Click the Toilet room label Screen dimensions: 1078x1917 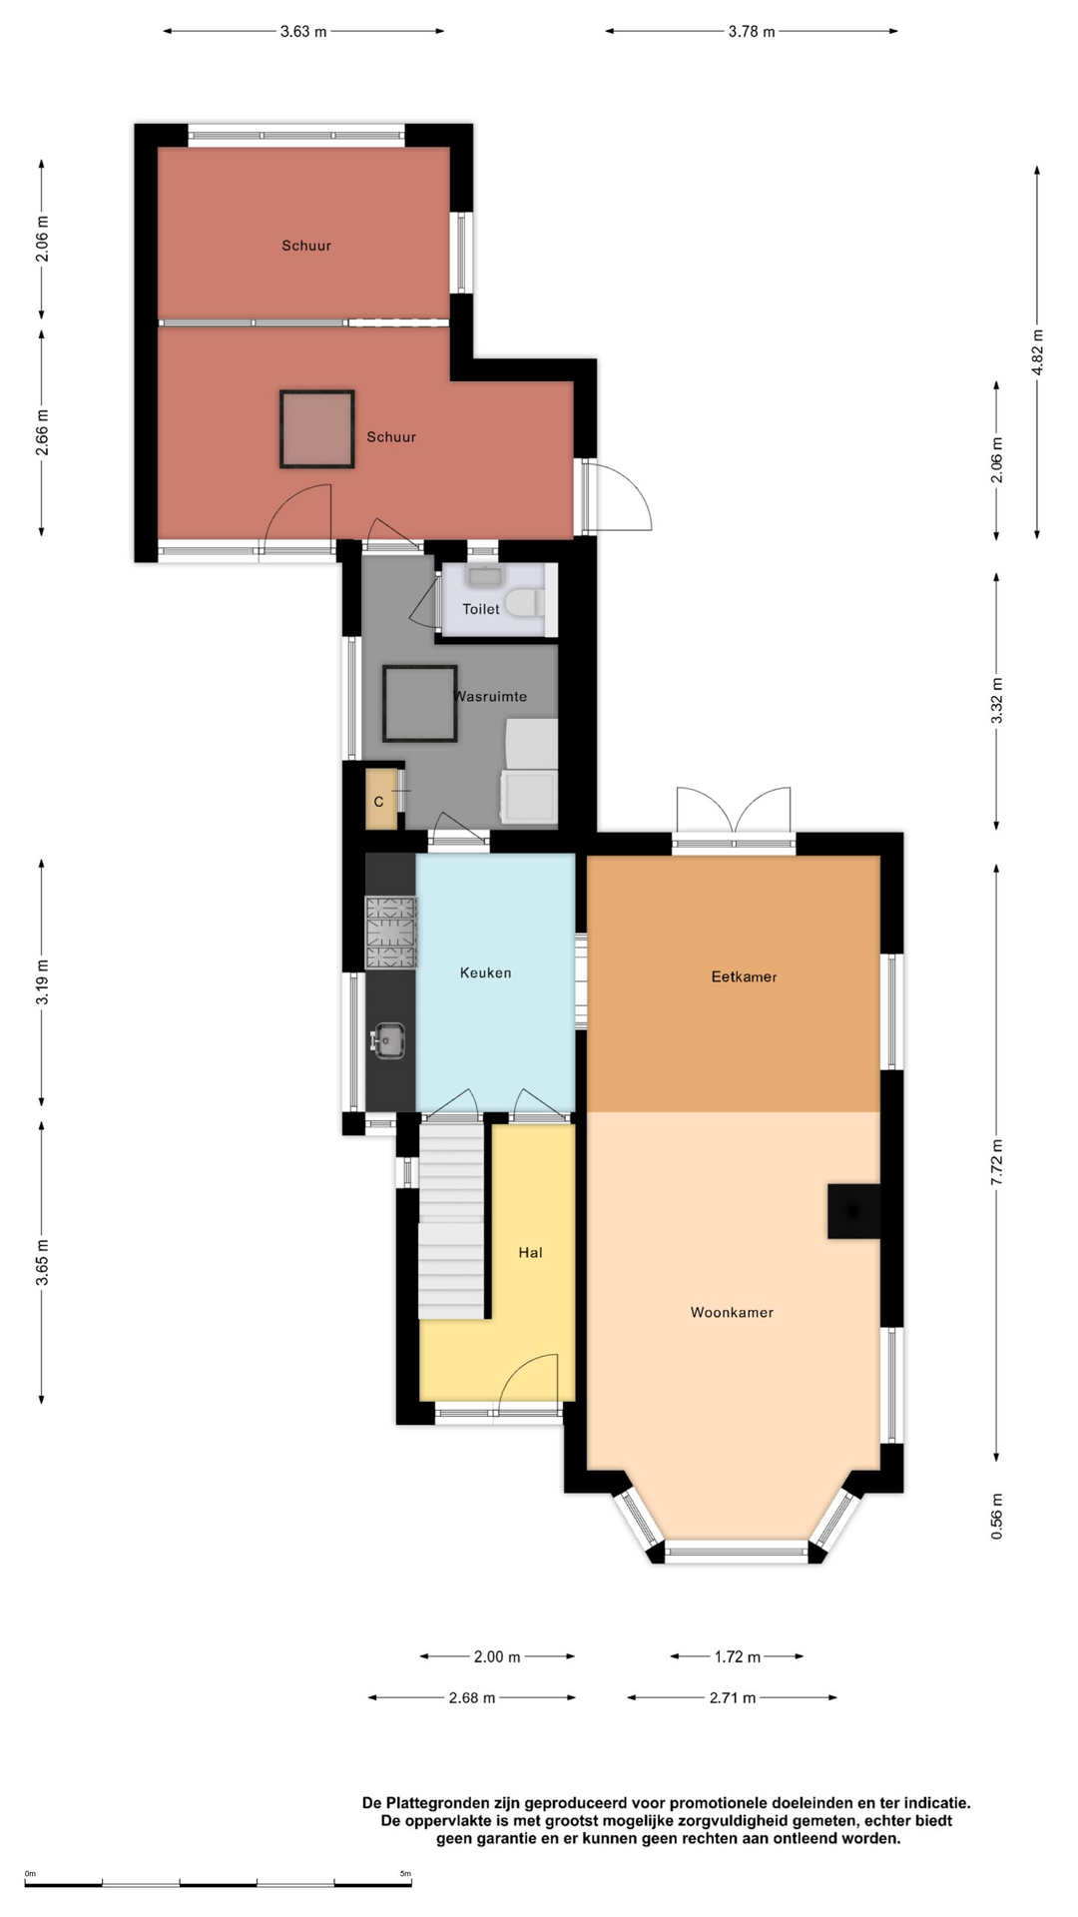[480, 609]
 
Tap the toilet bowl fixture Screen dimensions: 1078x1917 [523, 603]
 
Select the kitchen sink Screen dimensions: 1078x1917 [387, 1039]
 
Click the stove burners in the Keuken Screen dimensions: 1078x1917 [390, 933]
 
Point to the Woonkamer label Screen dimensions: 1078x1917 [732, 1313]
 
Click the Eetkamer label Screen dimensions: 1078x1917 [744, 977]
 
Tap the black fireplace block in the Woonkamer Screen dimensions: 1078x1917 [853, 1211]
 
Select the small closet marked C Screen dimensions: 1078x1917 [380, 800]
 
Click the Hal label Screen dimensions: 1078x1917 [530, 1253]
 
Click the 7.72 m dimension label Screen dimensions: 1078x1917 [996, 1162]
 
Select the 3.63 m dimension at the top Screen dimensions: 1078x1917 [303, 32]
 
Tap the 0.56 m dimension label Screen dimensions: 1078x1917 [996, 1516]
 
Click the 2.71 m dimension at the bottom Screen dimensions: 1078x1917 [733, 1697]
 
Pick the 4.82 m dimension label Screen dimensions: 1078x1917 [1037, 352]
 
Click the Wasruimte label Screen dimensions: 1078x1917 [491, 697]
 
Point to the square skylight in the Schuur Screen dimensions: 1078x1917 [317, 429]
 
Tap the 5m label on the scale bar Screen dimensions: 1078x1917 [405, 1874]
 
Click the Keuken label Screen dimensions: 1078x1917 [485, 973]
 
